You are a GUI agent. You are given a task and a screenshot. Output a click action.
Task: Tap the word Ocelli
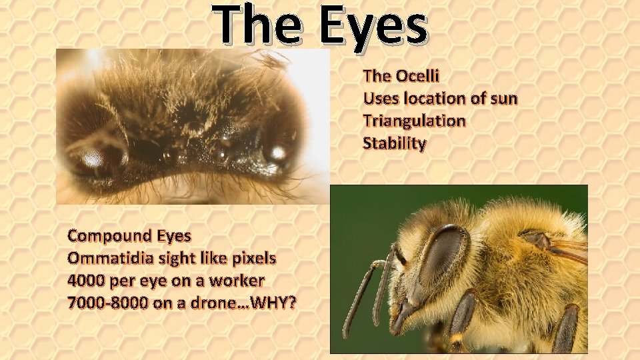tap(415, 76)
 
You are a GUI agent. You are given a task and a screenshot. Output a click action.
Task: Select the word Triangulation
tap(414, 121)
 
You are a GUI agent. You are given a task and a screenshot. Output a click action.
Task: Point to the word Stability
tap(394, 143)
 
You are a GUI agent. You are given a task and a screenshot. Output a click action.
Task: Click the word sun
tap(503, 99)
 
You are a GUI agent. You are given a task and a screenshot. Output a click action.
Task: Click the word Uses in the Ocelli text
tap(381, 99)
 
